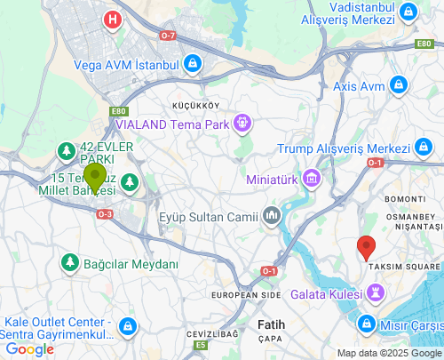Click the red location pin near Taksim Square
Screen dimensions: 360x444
pyautogui.click(x=365, y=247)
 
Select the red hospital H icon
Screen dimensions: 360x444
pyautogui.click(x=112, y=20)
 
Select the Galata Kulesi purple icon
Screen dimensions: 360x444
pyautogui.click(x=376, y=292)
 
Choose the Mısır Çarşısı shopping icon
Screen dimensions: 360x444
pyautogui.click(x=366, y=323)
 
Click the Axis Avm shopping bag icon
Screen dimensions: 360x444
pyautogui.click(x=400, y=86)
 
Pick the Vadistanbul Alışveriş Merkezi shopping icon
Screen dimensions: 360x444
pyautogui.click(x=408, y=12)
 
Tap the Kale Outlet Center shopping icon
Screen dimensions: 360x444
pyautogui.click(x=128, y=326)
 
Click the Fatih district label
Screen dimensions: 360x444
pyautogui.click(x=271, y=324)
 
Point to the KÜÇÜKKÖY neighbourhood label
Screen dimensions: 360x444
pyautogui.click(x=195, y=105)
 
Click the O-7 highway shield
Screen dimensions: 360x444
pyautogui.click(x=168, y=35)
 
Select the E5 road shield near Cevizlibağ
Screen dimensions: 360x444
pyautogui.click(x=202, y=345)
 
